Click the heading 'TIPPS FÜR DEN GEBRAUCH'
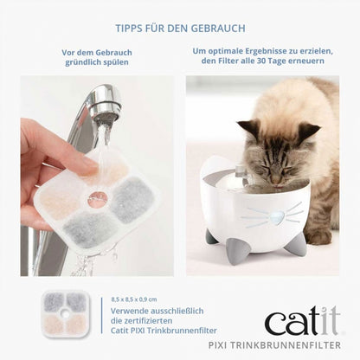coord(179,29)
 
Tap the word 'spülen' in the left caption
coord(108,64)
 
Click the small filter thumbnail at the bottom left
coord(66,314)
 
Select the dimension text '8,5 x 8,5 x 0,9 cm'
coord(139,298)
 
